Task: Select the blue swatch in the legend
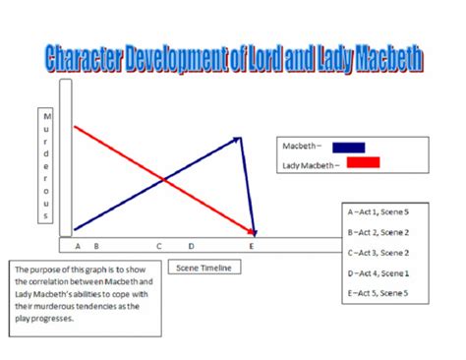click(x=349, y=148)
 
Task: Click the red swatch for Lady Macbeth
click(x=363, y=163)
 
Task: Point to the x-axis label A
click(x=78, y=246)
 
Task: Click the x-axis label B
click(x=95, y=246)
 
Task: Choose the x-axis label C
click(x=159, y=246)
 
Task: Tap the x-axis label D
click(x=191, y=246)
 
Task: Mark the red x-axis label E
click(x=252, y=246)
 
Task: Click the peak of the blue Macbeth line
click(x=240, y=139)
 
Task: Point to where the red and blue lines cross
click(x=163, y=180)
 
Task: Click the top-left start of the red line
click(x=76, y=126)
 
